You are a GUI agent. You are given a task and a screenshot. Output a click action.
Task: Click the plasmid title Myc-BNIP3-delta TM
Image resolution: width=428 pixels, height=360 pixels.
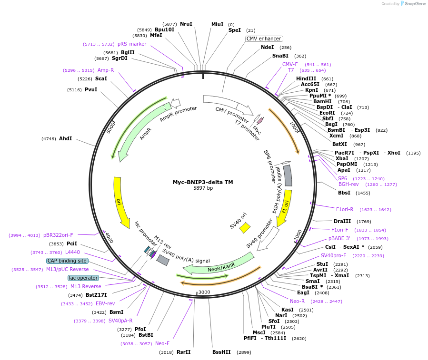203,182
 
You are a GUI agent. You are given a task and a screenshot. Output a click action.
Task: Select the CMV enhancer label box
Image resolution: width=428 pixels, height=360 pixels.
264,39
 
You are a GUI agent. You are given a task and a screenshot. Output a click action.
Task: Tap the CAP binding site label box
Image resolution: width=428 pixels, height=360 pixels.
67,261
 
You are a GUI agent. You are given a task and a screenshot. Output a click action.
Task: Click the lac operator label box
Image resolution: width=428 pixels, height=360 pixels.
83,278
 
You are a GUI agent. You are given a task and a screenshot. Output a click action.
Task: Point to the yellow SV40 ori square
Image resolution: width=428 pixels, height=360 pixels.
245,228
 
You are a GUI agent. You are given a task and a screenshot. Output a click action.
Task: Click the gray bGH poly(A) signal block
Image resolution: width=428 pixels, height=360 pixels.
287,175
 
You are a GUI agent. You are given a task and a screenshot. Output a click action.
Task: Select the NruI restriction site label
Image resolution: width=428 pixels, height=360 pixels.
186,24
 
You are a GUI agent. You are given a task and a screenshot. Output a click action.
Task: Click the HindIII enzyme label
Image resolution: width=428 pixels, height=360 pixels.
306,78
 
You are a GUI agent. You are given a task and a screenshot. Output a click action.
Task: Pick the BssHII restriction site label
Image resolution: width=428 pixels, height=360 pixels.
221,352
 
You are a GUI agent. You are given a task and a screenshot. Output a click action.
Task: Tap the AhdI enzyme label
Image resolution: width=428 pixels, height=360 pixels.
65,138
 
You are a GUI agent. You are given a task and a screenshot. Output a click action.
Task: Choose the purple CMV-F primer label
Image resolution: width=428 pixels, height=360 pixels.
290,64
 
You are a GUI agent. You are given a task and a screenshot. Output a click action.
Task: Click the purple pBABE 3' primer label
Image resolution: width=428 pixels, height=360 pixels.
339,238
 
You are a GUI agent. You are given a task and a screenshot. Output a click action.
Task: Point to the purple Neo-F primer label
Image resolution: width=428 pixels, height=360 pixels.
162,343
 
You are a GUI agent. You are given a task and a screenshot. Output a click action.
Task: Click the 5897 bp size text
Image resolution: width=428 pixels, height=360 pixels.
203,188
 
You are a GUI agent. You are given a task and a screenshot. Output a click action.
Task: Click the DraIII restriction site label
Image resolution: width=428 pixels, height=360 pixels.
342,221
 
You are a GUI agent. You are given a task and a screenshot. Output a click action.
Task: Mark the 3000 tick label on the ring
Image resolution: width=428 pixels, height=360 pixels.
204,292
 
